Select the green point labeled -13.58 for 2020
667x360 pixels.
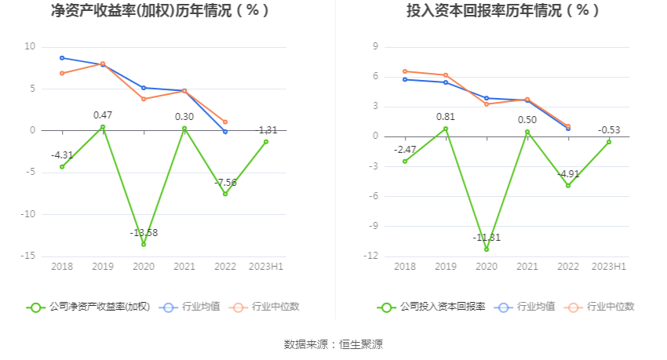click(144, 244)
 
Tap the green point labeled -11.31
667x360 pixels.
click(487, 249)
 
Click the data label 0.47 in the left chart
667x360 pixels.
click(103, 115)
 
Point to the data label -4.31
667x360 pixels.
click(62, 155)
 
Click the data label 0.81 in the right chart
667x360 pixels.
click(446, 117)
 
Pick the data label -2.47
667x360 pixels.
click(405, 149)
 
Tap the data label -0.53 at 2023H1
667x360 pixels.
click(609, 130)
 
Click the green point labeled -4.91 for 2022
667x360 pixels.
click(568, 185)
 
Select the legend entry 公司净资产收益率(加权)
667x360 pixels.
click(88, 307)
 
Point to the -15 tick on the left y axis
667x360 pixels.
click(30, 256)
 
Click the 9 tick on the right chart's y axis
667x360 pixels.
click(376, 46)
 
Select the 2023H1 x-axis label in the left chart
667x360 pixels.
click(266, 267)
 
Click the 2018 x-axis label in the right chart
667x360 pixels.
click(405, 267)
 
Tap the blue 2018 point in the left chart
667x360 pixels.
click(62, 58)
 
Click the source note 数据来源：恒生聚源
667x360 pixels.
click(333, 344)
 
